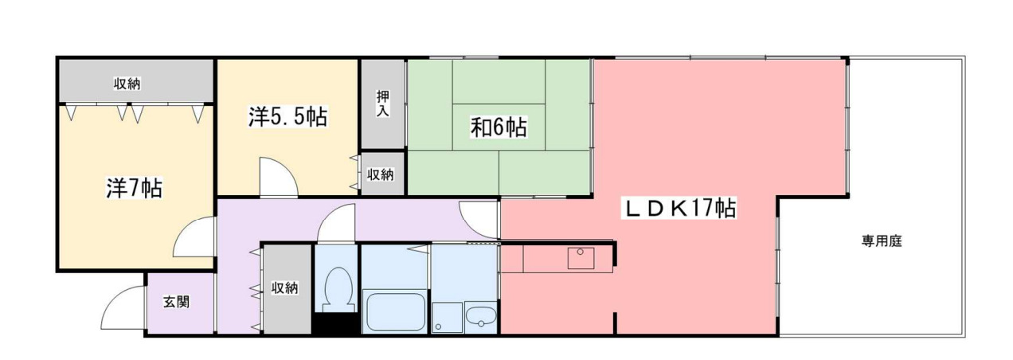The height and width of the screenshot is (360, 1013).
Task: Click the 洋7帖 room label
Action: pyautogui.click(x=135, y=188)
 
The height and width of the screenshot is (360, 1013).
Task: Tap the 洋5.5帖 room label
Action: pyautogui.click(x=287, y=118)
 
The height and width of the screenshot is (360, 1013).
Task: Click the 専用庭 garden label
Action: pyautogui.click(x=881, y=241)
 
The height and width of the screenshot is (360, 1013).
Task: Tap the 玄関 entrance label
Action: pyautogui.click(x=177, y=303)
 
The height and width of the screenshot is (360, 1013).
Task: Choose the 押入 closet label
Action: pyautogui.click(x=382, y=104)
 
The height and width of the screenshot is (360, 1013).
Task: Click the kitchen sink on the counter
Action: pyautogui.click(x=580, y=258)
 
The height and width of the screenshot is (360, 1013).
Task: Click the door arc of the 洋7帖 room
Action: pyautogui.click(x=193, y=239)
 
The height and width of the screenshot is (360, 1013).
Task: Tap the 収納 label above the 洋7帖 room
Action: pyautogui.click(x=127, y=84)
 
